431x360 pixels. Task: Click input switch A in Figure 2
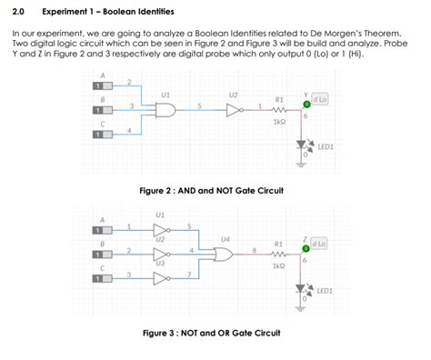click(95, 86)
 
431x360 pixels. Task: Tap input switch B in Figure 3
click(95, 255)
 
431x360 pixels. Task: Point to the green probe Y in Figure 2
click(306, 103)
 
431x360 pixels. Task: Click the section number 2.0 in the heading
click(19, 12)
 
